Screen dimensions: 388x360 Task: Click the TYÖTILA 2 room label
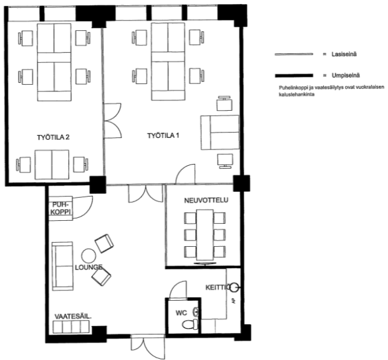53,137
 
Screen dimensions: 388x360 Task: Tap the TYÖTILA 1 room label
163,136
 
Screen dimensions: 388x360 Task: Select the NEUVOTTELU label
206,200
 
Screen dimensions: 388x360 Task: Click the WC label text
181,313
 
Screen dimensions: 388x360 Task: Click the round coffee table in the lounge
89,256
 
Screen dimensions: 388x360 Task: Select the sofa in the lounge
63,266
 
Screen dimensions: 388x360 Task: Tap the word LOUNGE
89,267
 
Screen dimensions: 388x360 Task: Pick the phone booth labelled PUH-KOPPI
60,208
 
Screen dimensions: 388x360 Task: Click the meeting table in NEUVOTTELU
205,235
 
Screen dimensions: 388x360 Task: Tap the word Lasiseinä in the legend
344,54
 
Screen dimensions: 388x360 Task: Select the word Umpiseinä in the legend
346,75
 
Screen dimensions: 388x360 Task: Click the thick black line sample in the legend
294,76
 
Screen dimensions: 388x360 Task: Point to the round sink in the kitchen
234,287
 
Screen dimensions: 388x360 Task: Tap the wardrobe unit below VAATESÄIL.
71,327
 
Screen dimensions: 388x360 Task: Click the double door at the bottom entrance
147,346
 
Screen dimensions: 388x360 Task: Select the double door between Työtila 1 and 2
112,120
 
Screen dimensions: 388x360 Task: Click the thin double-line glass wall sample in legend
294,54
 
